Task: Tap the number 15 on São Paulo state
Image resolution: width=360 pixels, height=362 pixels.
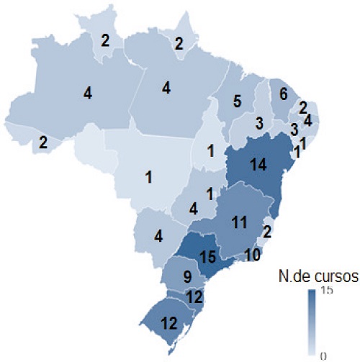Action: [x=207, y=255]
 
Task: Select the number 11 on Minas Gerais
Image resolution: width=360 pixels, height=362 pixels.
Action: [x=240, y=223]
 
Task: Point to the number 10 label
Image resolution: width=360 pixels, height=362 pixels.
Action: [x=253, y=254]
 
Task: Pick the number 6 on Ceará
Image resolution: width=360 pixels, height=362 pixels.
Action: [x=283, y=94]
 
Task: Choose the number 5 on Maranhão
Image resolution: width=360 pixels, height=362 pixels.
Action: [x=236, y=102]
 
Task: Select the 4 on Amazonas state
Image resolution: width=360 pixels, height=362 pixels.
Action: [x=87, y=93]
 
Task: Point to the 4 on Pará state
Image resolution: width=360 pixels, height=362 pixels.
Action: [x=166, y=88]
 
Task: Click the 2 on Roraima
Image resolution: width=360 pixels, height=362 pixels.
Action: [x=105, y=40]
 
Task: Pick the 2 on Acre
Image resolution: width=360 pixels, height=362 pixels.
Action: [x=42, y=142]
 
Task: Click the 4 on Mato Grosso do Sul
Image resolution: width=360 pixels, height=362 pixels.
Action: [x=158, y=235]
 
